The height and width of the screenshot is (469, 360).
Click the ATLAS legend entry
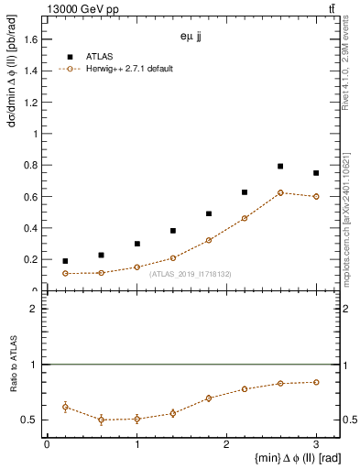tap(99, 57)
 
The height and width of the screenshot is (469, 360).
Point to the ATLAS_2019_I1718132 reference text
tap(190, 273)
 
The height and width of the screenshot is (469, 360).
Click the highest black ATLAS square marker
tap(280, 167)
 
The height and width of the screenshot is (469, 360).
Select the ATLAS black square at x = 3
tap(316, 173)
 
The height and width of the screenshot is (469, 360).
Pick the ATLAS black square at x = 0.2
tap(65, 261)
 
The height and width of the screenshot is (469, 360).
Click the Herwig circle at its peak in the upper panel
tap(280, 192)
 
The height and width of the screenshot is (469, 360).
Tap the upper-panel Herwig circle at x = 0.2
tap(65, 273)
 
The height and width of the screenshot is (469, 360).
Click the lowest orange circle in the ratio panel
tap(101, 420)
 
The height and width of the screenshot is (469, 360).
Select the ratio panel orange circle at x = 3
tap(316, 382)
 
